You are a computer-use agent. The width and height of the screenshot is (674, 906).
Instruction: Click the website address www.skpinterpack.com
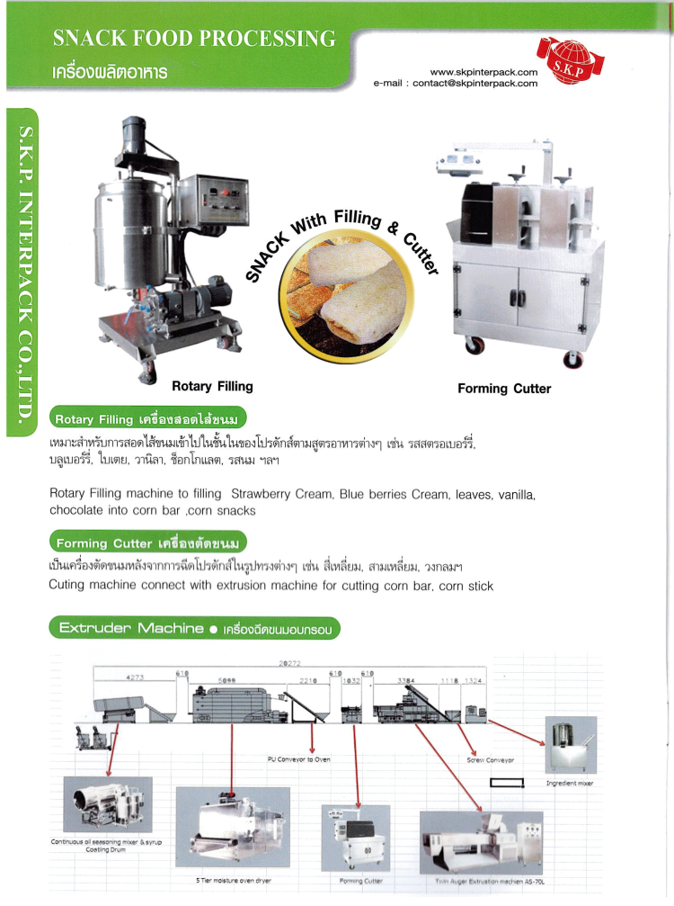click(x=483, y=71)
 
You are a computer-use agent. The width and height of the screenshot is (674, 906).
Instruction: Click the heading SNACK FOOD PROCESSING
click(x=194, y=39)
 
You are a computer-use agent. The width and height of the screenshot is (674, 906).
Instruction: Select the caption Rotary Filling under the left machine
click(x=212, y=387)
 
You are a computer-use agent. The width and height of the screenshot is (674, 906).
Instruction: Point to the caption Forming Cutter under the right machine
click(x=504, y=389)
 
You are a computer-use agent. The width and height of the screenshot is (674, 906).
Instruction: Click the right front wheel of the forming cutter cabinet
click(x=572, y=358)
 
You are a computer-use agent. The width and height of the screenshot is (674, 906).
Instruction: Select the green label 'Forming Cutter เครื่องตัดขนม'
click(x=147, y=543)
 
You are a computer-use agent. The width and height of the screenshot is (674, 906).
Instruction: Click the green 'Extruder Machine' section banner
click(x=194, y=629)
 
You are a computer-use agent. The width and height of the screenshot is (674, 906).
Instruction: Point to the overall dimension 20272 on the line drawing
click(x=290, y=664)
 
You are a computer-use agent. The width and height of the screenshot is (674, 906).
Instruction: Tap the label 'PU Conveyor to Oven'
click(x=299, y=759)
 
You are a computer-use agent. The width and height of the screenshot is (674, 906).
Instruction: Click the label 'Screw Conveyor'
click(x=491, y=760)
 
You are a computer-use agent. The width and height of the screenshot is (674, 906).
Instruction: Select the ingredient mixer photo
click(x=571, y=745)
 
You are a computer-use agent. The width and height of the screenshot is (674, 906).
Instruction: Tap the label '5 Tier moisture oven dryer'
click(x=233, y=880)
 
